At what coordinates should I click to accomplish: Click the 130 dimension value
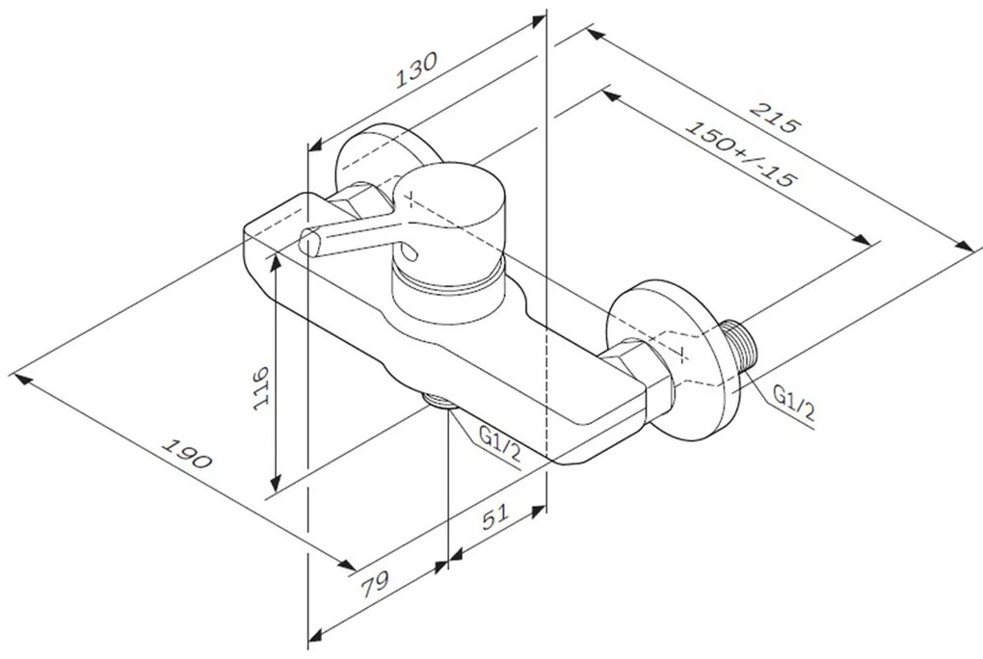[415, 69]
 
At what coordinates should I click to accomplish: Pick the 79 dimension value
[375, 584]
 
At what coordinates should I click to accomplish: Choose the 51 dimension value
[495, 516]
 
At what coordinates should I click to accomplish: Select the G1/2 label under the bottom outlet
[499, 443]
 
